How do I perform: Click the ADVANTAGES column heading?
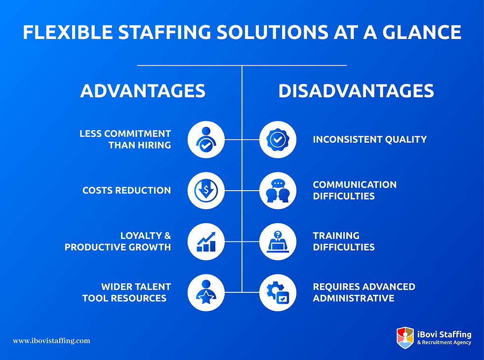click(x=143, y=91)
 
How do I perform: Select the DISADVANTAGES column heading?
click(x=356, y=91)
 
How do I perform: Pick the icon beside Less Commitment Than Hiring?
click(x=206, y=139)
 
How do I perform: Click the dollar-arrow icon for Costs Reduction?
click(x=206, y=190)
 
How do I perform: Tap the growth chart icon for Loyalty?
click(x=206, y=241)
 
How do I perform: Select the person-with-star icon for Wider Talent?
click(x=206, y=292)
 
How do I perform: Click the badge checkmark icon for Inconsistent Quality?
click(x=278, y=139)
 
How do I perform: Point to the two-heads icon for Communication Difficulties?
click(x=278, y=190)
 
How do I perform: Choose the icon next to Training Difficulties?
click(x=278, y=241)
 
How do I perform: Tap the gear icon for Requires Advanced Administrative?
click(x=278, y=292)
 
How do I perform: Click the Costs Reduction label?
click(x=126, y=190)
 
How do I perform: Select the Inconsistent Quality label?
click(x=369, y=139)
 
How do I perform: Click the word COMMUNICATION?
click(x=355, y=185)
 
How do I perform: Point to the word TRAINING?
click(x=336, y=236)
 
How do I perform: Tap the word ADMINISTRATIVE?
click(x=353, y=298)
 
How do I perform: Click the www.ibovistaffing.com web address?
click(x=51, y=341)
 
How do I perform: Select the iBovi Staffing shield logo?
click(x=405, y=338)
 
